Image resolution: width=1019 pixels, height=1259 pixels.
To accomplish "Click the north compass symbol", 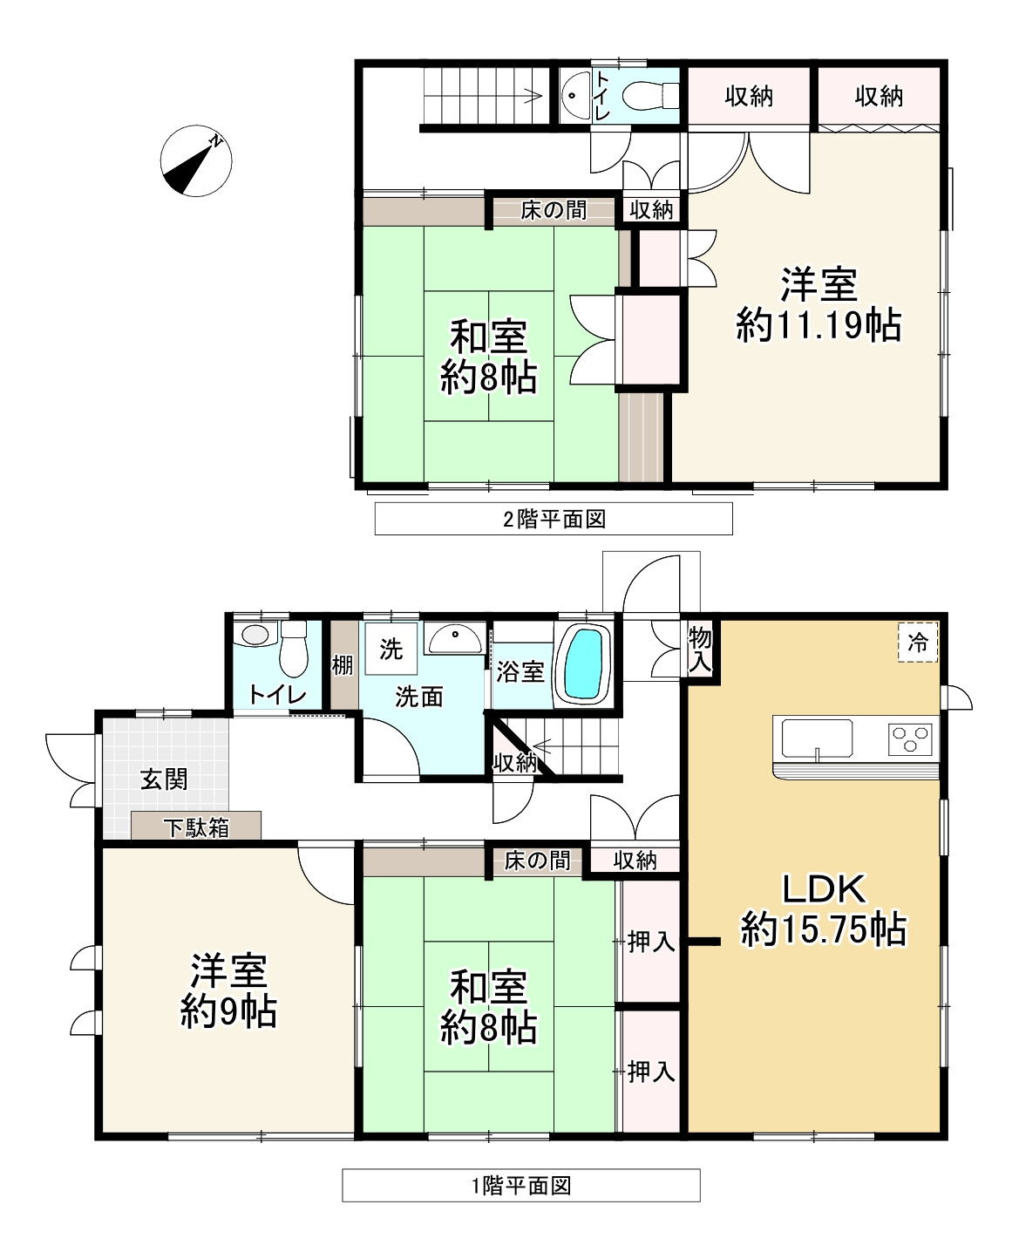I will [196, 161].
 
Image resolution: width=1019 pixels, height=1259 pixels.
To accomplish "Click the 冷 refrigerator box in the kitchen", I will [919, 643].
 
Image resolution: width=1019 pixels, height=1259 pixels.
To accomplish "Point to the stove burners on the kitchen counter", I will [910, 739].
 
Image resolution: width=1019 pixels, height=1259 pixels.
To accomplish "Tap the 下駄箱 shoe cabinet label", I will [196, 827].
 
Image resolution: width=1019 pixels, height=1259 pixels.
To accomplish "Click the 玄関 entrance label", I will [164, 779].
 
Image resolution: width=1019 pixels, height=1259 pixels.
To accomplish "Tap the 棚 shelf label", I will [343, 665].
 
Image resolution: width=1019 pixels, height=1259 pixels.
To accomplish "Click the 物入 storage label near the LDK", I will [700, 648].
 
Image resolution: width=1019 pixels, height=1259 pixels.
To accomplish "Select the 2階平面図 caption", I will [554, 520].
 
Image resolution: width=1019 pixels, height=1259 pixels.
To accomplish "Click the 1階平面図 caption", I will [520, 1186].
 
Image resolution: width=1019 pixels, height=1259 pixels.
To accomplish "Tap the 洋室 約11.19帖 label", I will [818, 304].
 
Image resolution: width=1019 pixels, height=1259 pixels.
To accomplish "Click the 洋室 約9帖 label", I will [228, 990].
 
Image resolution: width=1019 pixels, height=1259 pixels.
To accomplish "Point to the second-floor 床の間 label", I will [554, 210].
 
